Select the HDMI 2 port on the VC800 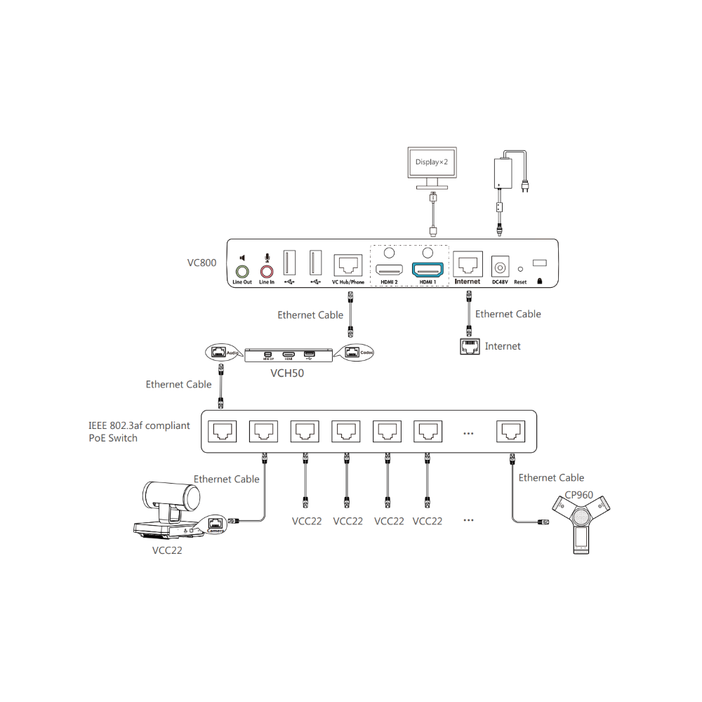coord(388,270)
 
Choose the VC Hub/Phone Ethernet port coord(348,265)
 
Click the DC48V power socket coord(500,267)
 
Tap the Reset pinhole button coord(520,268)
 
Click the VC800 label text coord(201,263)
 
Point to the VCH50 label coord(287,373)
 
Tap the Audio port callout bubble coord(220,351)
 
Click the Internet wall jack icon coord(469,346)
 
